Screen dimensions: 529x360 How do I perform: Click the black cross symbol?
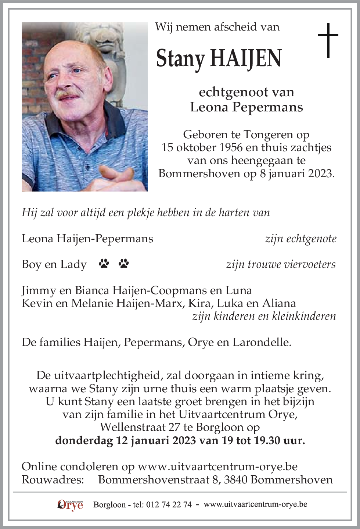[x=328, y=40]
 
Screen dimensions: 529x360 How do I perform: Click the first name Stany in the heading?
[x=180, y=59]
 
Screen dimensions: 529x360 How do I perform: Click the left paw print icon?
[x=104, y=263]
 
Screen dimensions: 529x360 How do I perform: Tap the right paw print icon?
[x=124, y=263]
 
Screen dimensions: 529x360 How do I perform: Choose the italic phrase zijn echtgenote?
[x=300, y=239]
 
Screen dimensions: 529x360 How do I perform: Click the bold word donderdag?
[x=84, y=440]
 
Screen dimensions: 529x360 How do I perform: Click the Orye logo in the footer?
[x=70, y=505]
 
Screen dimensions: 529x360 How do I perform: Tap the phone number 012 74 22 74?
[x=169, y=505]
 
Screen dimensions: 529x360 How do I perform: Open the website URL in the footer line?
[x=255, y=504]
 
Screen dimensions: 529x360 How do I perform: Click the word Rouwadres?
[x=53, y=479]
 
